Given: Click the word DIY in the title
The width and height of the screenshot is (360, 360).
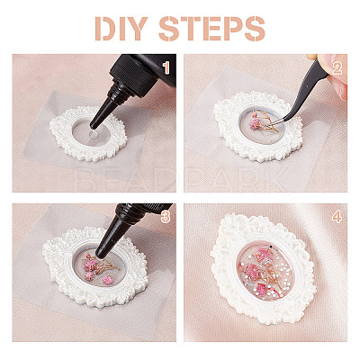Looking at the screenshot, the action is point(121,29).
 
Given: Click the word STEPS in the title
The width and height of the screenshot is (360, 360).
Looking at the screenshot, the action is point(211,29).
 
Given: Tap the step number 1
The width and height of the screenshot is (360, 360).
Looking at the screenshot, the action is point(166,68).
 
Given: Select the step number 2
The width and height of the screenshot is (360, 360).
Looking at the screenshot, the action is point(337,68).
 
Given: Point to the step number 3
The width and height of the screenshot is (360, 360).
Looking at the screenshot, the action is point(166,217).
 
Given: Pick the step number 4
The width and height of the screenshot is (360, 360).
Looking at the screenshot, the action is point(337,217).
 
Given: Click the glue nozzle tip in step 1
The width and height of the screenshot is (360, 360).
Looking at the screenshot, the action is point(94,126).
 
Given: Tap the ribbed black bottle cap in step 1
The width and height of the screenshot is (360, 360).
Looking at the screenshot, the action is point(133,74).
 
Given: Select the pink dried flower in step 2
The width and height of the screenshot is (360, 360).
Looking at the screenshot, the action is point(256,124).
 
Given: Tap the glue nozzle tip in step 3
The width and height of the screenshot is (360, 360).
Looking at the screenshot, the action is point(103,254).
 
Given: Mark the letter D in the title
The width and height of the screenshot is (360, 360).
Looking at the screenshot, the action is point(104,29).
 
